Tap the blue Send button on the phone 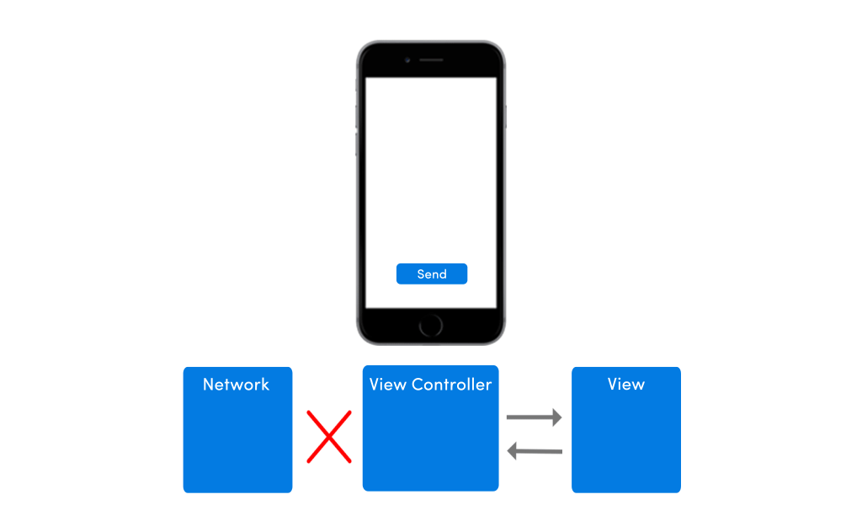coord(431,274)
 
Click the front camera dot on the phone coord(407,61)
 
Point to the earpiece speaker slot coord(431,61)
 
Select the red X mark coord(328,436)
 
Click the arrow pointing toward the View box coord(534,417)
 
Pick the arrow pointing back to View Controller coord(535,452)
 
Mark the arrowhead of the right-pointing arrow coord(556,417)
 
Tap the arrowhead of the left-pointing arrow coord(512,452)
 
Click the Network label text coord(237,385)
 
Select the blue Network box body coord(237,442)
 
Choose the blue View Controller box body coord(430,442)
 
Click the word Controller coord(452,385)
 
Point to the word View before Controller coord(388,385)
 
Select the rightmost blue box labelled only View coord(625,442)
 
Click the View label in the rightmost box coord(625,385)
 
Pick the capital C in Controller coord(418,385)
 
